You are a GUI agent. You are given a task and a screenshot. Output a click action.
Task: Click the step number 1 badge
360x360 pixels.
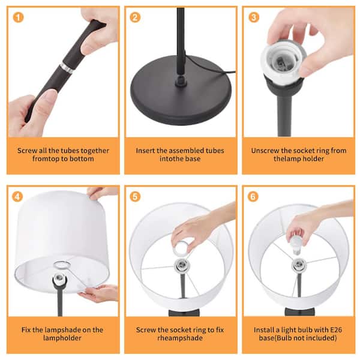tap(19, 17)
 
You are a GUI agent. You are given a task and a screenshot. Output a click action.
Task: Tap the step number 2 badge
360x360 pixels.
tap(135, 17)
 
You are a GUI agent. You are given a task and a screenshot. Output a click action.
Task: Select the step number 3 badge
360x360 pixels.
tap(254, 17)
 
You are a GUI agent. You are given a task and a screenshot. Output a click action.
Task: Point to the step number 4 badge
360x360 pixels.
tap(17, 197)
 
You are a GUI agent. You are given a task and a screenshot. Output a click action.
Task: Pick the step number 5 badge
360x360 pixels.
tap(135, 197)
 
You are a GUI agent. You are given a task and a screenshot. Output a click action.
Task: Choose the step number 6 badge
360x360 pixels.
tap(253, 197)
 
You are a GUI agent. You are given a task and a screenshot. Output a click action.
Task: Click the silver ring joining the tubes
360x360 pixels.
tap(67, 68)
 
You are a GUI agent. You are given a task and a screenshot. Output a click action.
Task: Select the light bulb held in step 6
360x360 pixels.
tap(296, 245)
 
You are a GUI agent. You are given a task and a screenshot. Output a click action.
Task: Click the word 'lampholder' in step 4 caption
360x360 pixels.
tap(62, 338)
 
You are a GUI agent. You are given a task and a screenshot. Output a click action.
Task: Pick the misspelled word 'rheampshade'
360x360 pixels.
tap(180, 338)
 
